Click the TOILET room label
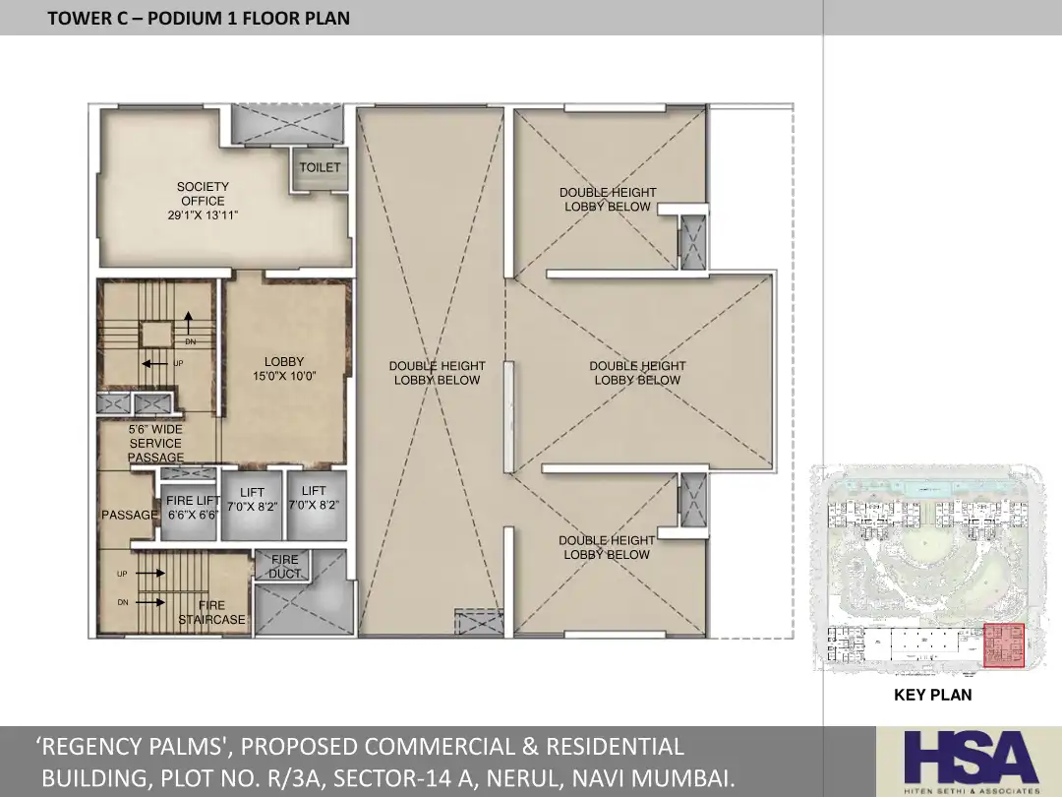click(x=320, y=167)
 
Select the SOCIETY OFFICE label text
click(x=204, y=194)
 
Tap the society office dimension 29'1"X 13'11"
click(x=204, y=215)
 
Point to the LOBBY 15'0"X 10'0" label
click(x=284, y=369)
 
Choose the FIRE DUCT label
click(x=284, y=567)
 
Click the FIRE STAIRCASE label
click(x=212, y=612)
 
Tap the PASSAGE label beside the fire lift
click(x=130, y=515)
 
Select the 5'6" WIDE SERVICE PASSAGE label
click(x=155, y=443)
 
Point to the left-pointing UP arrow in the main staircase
click(x=155, y=364)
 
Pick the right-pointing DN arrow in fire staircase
click(x=150, y=602)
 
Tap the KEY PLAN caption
click(x=932, y=695)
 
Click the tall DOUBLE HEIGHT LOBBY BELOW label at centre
click(x=437, y=373)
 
